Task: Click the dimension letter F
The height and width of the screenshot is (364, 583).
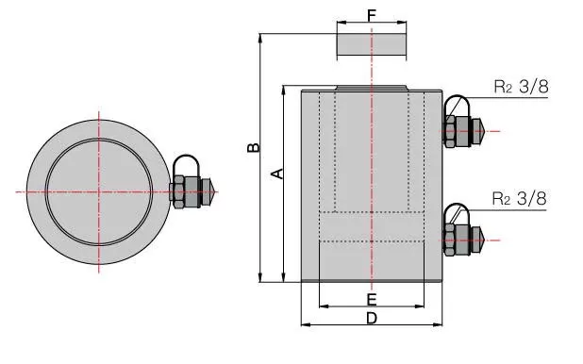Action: point(372,15)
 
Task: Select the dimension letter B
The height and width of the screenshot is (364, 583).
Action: point(254,148)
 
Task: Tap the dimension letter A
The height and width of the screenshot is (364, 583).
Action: point(277,174)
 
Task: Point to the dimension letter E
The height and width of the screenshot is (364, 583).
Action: point(372,299)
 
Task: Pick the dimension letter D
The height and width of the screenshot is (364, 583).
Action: point(372,319)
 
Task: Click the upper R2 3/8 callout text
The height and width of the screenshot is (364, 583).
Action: point(522,87)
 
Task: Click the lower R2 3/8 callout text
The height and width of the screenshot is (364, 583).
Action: point(520,198)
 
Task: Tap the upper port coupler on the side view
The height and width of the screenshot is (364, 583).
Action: point(463,122)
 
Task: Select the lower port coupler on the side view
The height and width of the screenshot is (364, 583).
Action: point(463,230)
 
